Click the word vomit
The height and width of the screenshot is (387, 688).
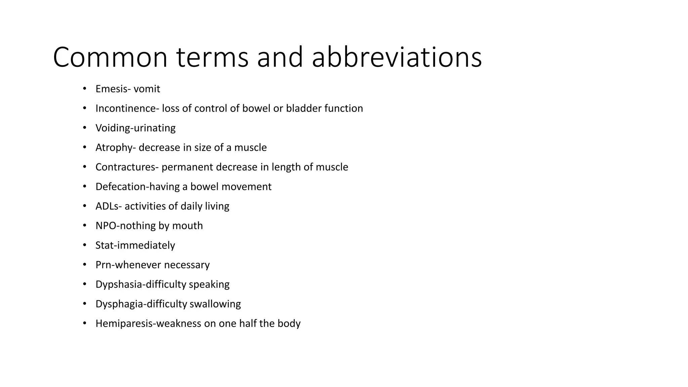[x=147, y=89]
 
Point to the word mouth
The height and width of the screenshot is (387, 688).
[x=187, y=226]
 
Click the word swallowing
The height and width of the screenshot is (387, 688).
[x=215, y=304]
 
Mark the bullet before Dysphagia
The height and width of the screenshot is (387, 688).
[x=85, y=304]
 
